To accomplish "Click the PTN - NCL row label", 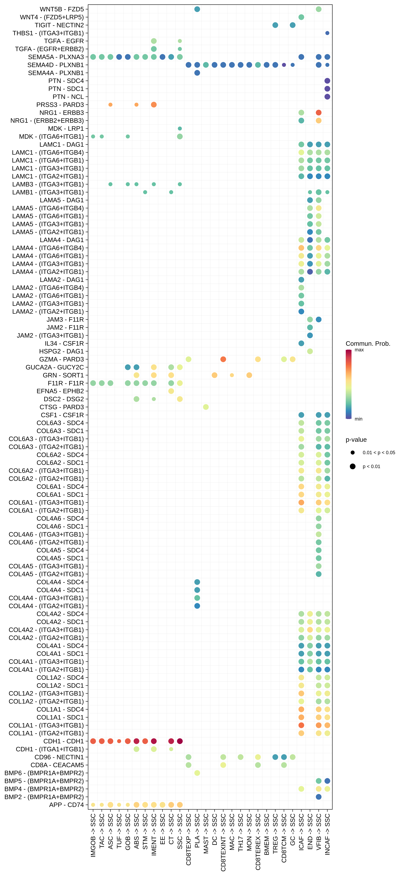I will click(68, 97).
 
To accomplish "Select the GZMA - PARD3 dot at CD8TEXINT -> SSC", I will click(223, 359).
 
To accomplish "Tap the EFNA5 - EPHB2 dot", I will click(171, 391).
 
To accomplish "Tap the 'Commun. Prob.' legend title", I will click(368, 344).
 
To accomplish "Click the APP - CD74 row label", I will click(66, 805).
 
